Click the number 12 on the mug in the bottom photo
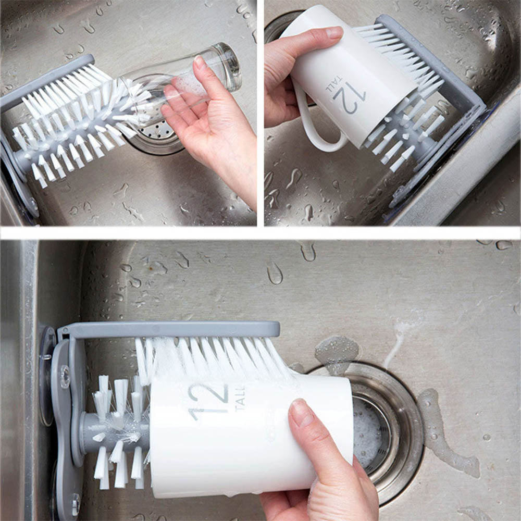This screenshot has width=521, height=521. [x=208, y=402]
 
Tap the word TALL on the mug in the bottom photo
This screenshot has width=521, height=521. [x=240, y=399]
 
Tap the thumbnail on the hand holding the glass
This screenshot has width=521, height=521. [x=200, y=63]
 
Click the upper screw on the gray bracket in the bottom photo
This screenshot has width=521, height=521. [x=65, y=377]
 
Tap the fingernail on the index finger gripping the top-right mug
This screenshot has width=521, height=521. [x=334, y=32]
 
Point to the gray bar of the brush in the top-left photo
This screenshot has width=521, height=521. [x=46, y=83]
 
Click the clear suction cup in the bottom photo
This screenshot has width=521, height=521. [x=46, y=376]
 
